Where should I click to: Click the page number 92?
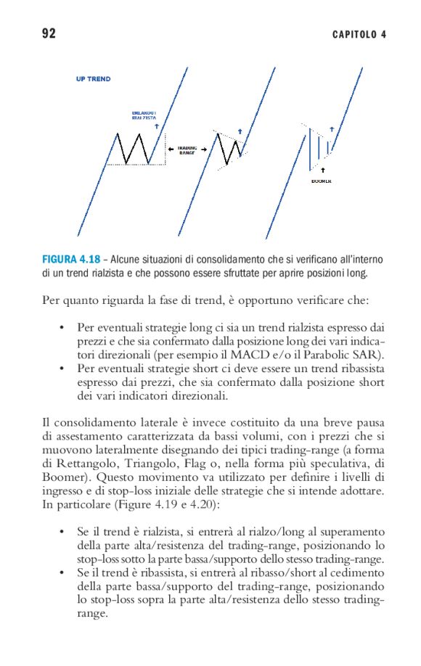click(x=49, y=33)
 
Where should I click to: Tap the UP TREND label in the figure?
click(x=94, y=79)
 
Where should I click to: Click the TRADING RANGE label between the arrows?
click(x=187, y=149)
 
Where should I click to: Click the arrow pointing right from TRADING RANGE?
click(x=205, y=149)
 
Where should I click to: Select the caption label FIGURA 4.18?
click(x=70, y=259)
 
